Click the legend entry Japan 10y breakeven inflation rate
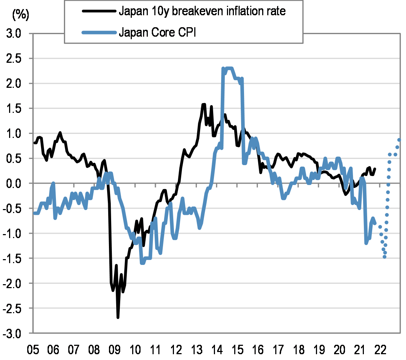pyautogui.click(x=202, y=12)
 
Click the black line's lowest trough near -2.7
pyautogui.click(x=118, y=317)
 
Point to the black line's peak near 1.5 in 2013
pyautogui.click(x=203, y=105)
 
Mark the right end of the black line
pyautogui.click(x=375, y=169)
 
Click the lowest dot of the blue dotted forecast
pyautogui.click(x=385, y=257)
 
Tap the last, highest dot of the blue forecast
pyautogui.click(x=399, y=140)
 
